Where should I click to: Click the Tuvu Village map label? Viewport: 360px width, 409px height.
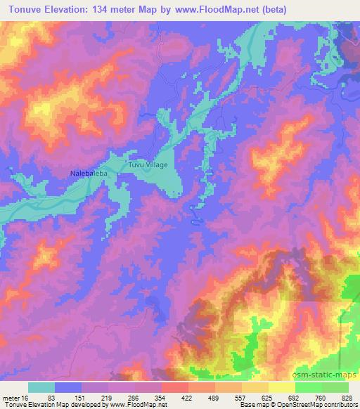pyautogui.click(x=148, y=164)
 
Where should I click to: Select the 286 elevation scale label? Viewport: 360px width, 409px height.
pyautogui.click(x=133, y=399)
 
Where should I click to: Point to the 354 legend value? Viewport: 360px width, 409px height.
pyautogui.click(x=160, y=399)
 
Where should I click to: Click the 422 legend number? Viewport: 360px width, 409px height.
pyautogui.click(x=187, y=399)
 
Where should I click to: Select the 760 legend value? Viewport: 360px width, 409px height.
pyautogui.click(x=321, y=399)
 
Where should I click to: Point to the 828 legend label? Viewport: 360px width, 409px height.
pyautogui.click(x=347, y=399)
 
